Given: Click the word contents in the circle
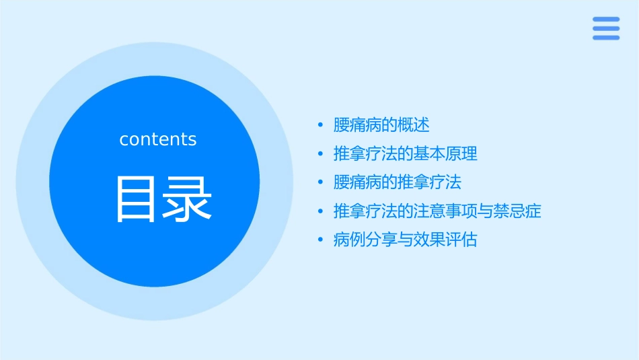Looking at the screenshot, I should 158,139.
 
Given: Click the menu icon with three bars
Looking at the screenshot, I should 605,28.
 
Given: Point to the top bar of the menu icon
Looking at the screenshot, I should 605,20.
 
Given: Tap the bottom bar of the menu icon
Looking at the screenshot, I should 605,38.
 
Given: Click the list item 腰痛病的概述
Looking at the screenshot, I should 381,125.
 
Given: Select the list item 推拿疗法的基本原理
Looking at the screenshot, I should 405,154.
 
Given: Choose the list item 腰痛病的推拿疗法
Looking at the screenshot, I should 398,182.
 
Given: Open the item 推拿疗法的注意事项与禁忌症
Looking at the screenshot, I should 437,211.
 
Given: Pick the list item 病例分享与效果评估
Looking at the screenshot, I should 405,240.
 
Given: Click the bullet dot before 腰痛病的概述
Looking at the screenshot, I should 321,125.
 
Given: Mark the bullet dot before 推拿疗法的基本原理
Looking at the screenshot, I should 321,154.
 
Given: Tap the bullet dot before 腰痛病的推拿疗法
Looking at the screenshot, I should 321,182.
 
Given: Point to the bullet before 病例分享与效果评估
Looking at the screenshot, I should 321,240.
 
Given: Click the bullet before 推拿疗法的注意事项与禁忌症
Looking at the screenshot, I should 321,211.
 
